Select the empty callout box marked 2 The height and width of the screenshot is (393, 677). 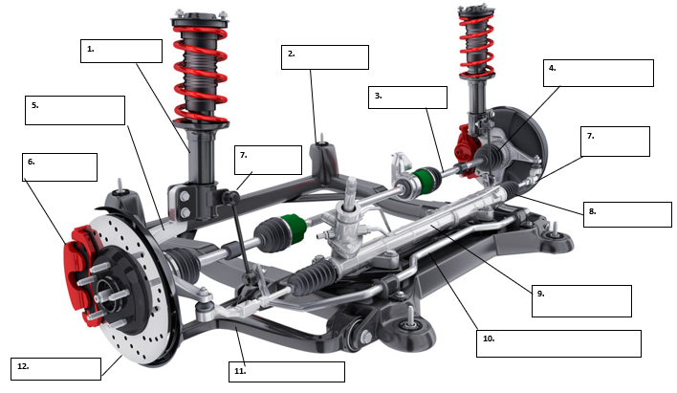[325, 56]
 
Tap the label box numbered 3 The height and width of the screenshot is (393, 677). [407, 97]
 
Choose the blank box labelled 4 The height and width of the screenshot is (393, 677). [598, 73]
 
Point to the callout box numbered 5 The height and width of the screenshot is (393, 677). [75, 110]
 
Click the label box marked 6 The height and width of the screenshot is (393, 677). [59, 166]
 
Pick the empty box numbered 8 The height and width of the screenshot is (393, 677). [627, 214]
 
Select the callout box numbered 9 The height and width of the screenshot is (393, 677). [581, 300]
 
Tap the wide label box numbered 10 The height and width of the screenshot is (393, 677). [557, 343]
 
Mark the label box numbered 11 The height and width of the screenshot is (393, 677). [286, 371]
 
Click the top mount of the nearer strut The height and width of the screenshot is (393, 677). [200, 17]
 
